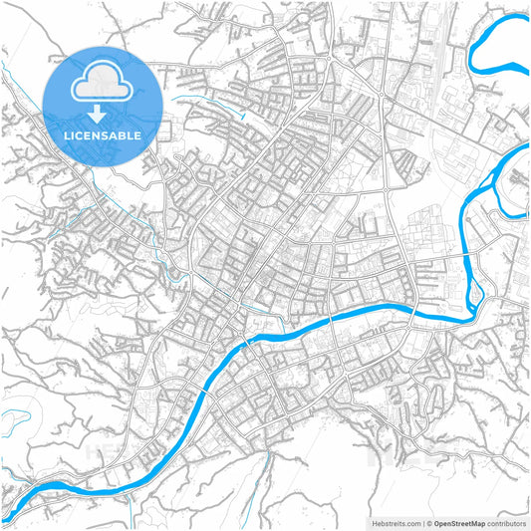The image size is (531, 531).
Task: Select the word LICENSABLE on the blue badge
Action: click(103, 135)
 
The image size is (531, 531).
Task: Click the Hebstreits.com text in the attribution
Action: click(397, 523)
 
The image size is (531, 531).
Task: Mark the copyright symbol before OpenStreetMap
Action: click(430, 523)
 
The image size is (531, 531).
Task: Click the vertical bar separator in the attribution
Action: click(423, 523)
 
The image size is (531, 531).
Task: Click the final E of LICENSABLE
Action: click(137, 135)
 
